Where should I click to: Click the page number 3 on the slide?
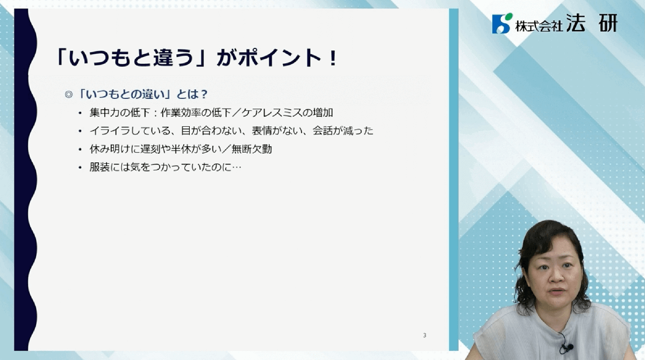[425, 335]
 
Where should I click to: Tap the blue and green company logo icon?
[502, 23]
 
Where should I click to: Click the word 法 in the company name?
[576, 23]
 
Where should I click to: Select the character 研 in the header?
[608, 23]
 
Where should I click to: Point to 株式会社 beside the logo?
[539, 26]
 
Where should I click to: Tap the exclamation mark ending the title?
[333, 57]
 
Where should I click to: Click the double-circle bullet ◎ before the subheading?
[69, 95]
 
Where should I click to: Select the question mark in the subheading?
[204, 95]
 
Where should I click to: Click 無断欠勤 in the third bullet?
[252, 149]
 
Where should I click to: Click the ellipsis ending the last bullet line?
[236, 168]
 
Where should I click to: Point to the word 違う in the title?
[173, 57]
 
